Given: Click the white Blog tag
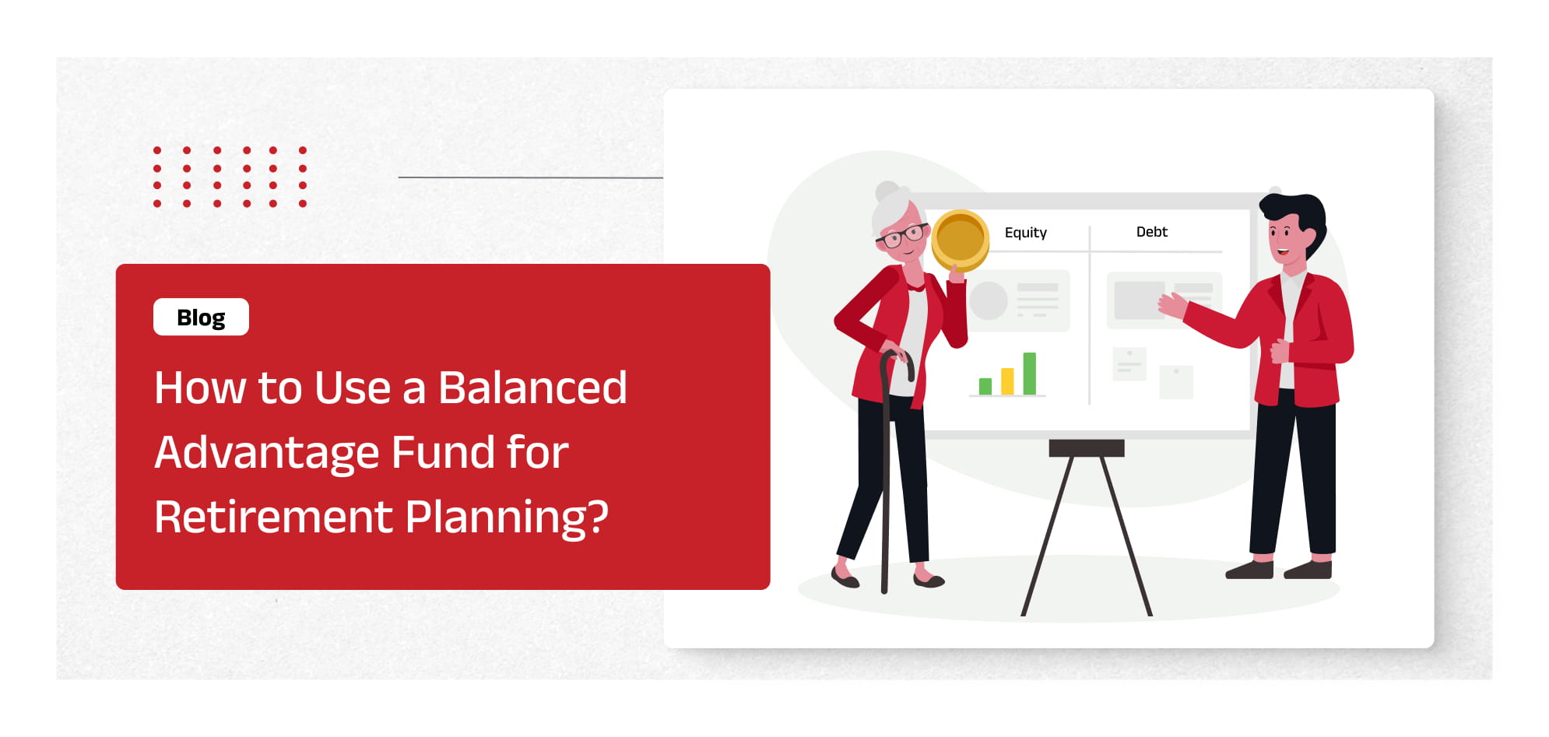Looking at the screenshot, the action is [201, 317].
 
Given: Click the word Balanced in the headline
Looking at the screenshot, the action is [532, 388].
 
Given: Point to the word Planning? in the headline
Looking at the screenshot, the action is [507, 518].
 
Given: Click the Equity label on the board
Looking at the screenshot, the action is [1025, 233].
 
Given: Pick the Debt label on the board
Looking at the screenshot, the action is [1151, 232].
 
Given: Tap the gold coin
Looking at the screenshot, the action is [960, 240].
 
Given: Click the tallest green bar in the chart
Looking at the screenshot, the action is [1029, 374].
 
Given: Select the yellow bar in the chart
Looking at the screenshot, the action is [1007, 381].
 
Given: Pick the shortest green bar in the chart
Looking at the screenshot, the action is [985, 387].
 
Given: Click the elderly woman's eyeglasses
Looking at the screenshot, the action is [903, 235].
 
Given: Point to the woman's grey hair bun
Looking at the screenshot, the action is [887, 191].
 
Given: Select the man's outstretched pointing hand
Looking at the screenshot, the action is [1172, 304].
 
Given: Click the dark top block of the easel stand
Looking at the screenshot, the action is [1086, 447].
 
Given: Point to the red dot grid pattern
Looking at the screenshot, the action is [230, 177].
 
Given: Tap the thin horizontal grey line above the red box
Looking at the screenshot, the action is [531, 177].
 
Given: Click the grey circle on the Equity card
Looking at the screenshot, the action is [989, 300].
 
